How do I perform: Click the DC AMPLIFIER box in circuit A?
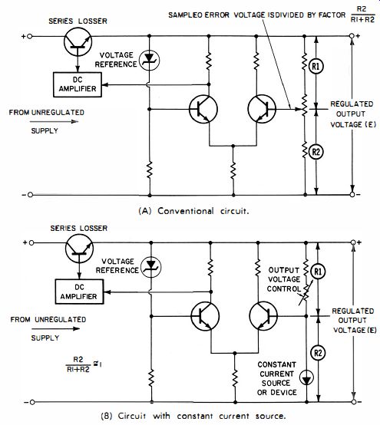(78, 84)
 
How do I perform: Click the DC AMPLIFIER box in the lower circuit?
(79, 292)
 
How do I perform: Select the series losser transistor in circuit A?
(78, 42)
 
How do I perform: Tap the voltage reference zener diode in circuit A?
(149, 60)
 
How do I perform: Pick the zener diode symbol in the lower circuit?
(150, 267)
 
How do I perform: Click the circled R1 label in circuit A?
(316, 67)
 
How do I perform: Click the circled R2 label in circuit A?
(316, 152)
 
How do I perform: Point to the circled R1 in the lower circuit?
(318, 272)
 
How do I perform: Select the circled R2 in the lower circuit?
(318, 353)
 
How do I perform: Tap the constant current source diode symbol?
(307, 377)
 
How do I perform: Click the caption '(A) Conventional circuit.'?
(193, 211)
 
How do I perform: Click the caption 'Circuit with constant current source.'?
(202, 416)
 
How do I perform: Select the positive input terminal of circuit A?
(30, 36)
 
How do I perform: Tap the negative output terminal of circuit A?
(352, 195)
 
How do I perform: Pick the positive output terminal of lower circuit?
(353, 242)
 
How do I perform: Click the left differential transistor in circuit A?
(203, 109)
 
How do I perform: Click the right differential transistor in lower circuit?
(263, 316)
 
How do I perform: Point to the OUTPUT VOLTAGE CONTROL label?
(284, 279)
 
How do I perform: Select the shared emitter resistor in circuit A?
(233, 170)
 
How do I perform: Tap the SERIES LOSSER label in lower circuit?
(79, 228)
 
